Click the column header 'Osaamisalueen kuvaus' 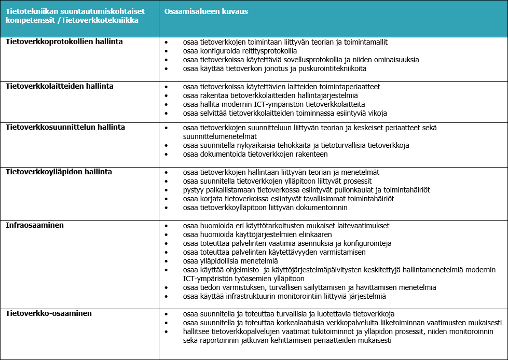(206, 11)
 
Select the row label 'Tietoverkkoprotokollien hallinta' (64, 41)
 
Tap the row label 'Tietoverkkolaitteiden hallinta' (59, 86)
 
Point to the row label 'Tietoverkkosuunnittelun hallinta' (65, 127)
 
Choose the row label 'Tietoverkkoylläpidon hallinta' (59, 172)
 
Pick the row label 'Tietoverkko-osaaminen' (48, 313)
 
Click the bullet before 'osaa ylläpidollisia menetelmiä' (166, 261)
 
